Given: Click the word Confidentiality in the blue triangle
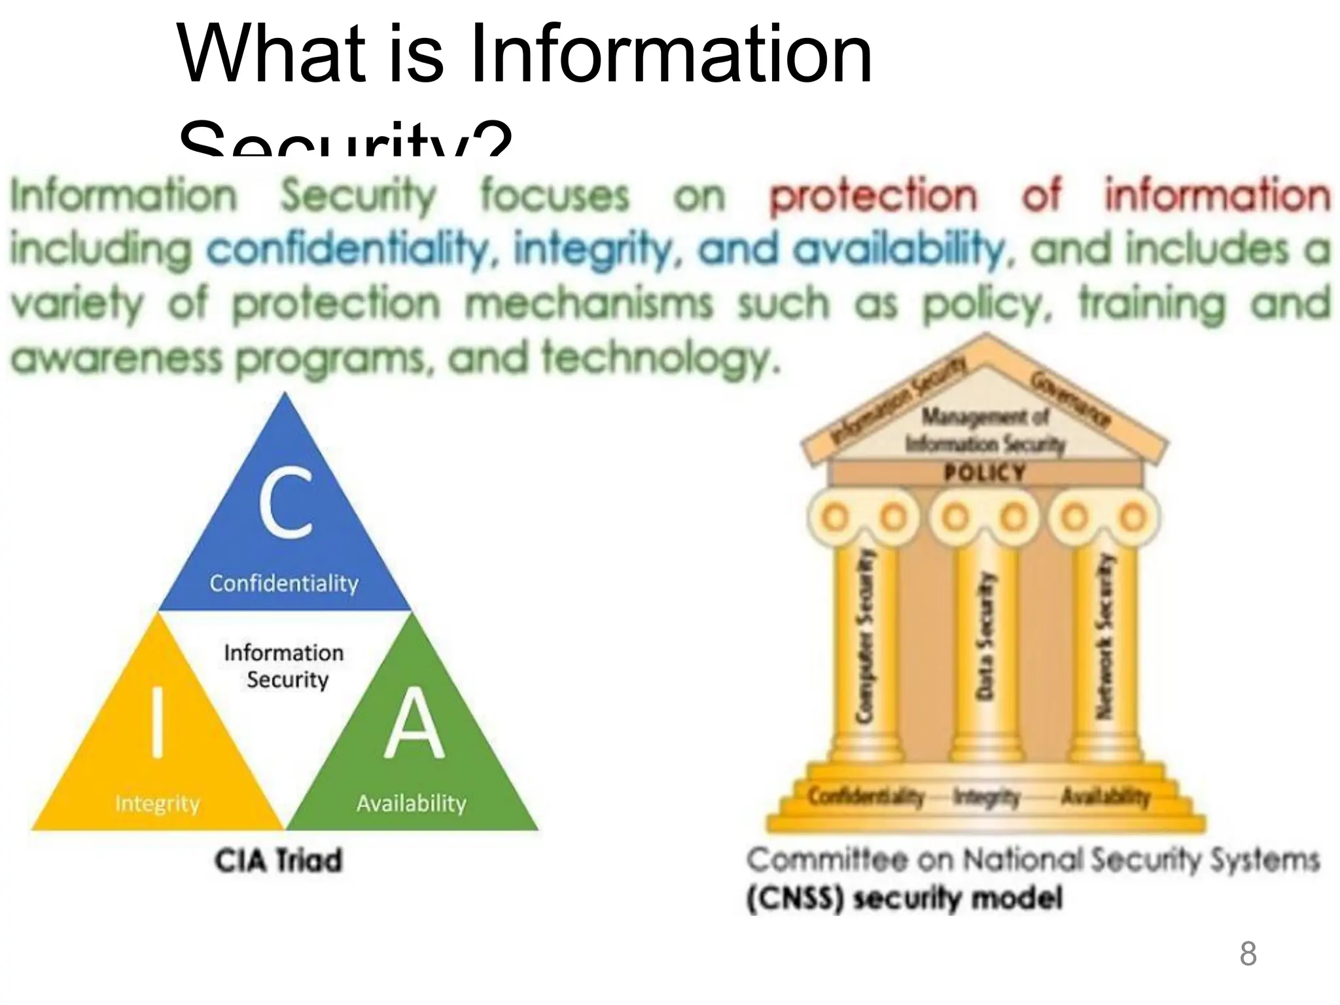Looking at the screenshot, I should tap(284, 583).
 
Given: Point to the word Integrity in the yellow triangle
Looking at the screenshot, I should tap(157, 803).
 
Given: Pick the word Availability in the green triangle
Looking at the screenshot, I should tap(412, 803).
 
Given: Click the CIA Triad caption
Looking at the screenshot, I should tap(279, 860).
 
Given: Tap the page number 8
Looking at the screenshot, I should tap(1248, 954).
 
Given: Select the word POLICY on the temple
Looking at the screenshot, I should tap(985, 472).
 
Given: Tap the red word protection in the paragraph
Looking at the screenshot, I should tap(873, 196).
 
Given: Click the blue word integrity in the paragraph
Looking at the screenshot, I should tap(592, 249).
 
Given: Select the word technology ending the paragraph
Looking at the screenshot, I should tap(660, 359).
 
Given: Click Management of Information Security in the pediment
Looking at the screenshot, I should tap(985, 431).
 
